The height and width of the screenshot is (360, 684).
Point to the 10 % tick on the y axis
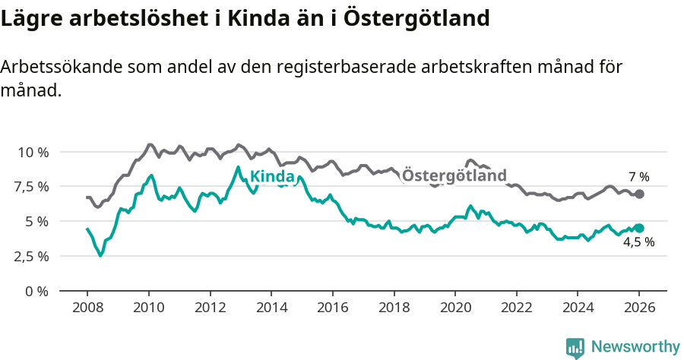click(x=33, y=152)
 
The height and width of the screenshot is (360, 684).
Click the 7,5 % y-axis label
click(x=30, y=187)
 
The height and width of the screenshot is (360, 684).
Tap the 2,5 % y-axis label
click(x=30, y=257)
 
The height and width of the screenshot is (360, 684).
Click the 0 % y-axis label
click(x=36, y=291)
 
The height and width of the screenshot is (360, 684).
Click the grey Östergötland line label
click(x=454, y=176)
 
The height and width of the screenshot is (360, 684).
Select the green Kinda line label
click(x=272, y=177)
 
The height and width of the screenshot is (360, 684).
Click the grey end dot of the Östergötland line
click(x=639, y=194)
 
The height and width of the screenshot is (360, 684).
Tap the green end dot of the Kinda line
click(x=639, y=228)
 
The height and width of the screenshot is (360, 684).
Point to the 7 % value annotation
click(x=638, y=177)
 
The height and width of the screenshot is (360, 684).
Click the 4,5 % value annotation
click(x=638, y=243)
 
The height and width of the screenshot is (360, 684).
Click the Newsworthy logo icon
click(x=575, y=347)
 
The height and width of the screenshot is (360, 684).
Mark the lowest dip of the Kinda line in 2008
click(x=100, y=255)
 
